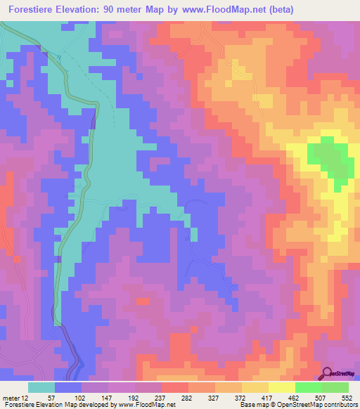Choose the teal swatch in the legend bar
(x=41, y=387)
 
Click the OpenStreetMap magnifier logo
(x=328, y=373)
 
